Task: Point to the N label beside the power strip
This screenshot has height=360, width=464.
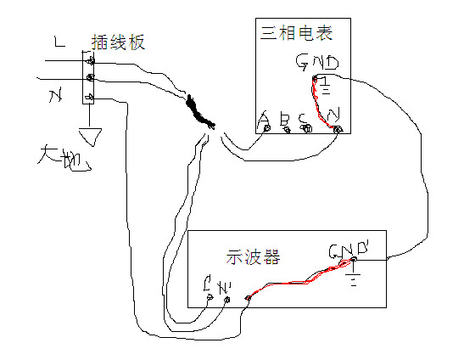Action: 56,98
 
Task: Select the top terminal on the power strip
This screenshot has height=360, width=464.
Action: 89,59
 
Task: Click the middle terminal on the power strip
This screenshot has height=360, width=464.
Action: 89,78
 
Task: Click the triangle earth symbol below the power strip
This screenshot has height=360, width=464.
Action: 89,135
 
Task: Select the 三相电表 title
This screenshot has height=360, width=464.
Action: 295,33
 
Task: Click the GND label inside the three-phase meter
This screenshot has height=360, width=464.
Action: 317,64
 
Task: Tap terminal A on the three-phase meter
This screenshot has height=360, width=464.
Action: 267,128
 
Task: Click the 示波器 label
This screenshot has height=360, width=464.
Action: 254,256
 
